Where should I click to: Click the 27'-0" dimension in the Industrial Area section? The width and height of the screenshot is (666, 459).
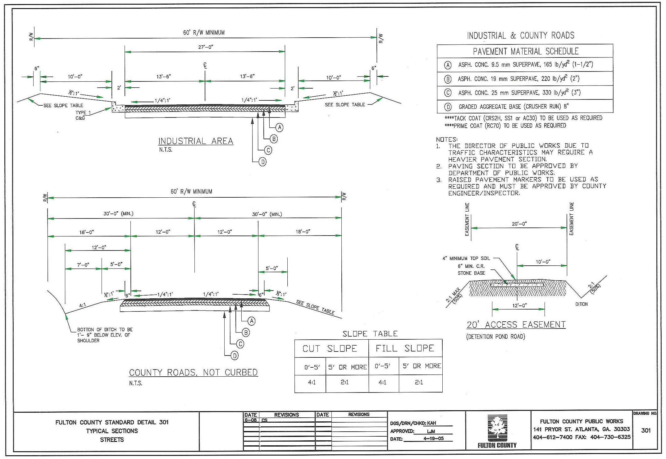pos(206,47)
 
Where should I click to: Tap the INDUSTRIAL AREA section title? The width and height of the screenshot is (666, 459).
pos(196,141)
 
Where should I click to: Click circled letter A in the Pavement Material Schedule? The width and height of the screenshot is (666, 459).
pos(448,65)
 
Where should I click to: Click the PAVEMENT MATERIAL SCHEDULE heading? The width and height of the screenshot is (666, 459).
pos(526,51)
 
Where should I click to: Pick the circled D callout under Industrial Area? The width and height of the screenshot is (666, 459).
pos(262,162)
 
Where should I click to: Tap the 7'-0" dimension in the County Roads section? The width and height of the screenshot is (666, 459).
pos(83,265)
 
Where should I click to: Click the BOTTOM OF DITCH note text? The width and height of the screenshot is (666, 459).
pos(105,335)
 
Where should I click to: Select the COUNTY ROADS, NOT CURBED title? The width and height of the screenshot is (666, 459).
pos(193,372)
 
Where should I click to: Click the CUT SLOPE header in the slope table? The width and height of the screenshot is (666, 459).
pos(330,349)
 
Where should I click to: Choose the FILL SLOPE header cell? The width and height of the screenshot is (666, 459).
pos(405,348)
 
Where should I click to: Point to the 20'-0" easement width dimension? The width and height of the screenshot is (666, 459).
pos(519,224)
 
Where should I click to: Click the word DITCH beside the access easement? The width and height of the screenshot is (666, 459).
pos(581,304)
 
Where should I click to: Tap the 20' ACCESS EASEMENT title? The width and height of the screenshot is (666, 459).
pos(516,325)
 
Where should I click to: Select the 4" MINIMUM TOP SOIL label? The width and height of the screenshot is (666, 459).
pos(466,258)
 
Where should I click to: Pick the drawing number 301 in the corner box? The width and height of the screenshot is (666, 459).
pos(645,430)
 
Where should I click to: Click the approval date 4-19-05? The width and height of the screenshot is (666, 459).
pos(433,438)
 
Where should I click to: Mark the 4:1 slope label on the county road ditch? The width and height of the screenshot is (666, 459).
pos(82,306)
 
